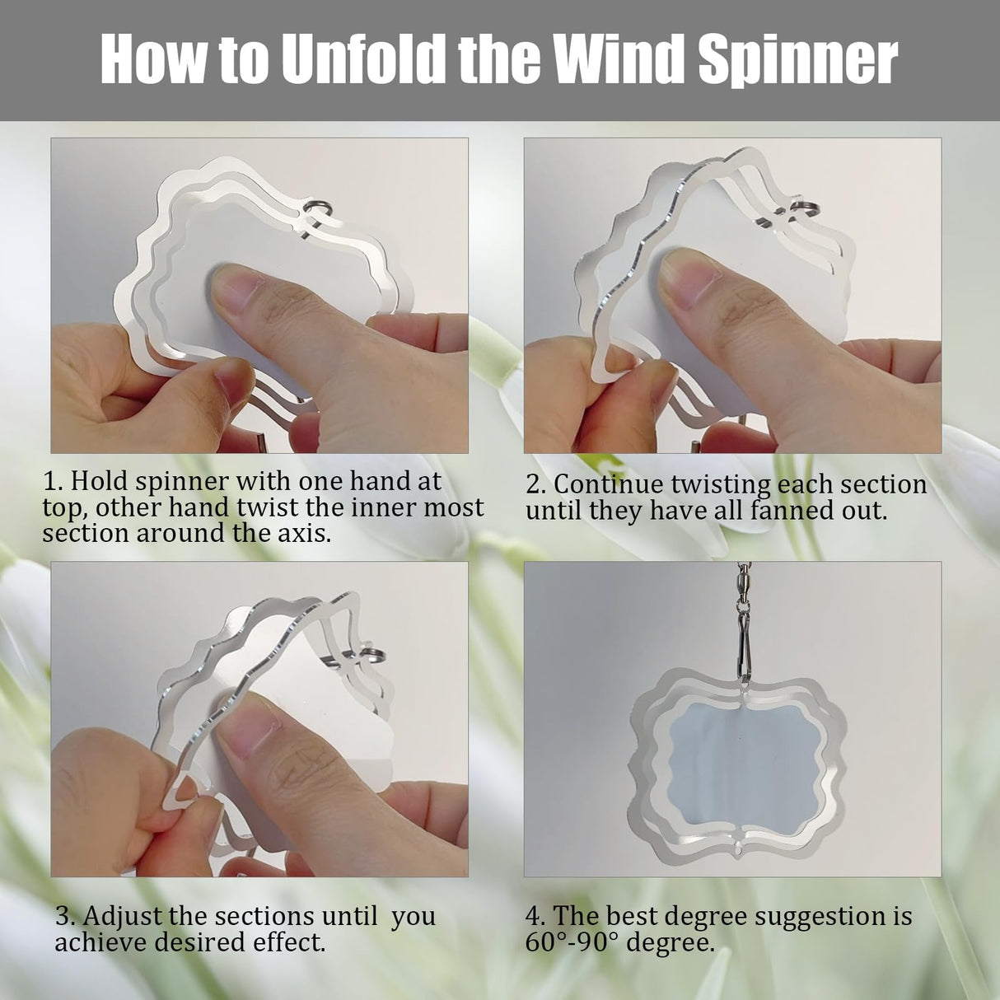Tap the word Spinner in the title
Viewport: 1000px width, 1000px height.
click(797, 59)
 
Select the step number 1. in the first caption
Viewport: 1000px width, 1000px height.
click(53, 481)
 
